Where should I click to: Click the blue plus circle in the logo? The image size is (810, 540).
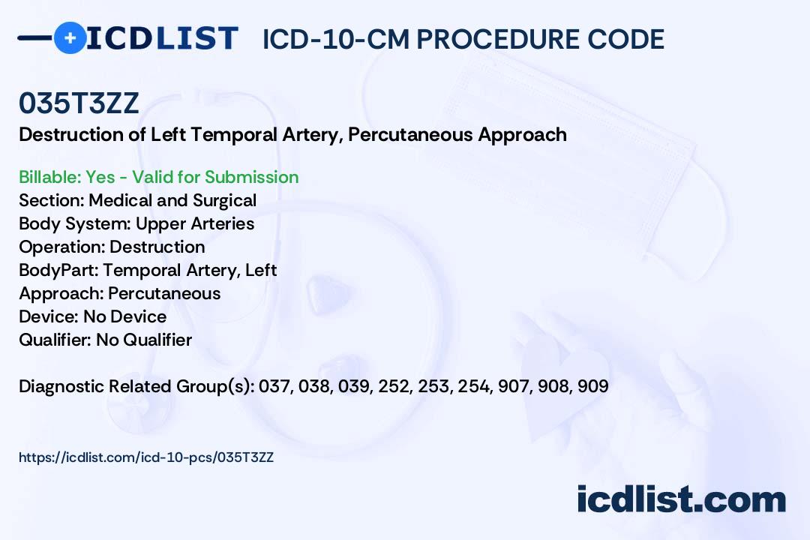[x=70, y=37]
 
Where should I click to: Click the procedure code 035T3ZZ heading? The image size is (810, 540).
[x=79, y=103]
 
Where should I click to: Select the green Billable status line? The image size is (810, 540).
[x=158, y=177]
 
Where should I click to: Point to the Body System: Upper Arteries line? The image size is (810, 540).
[x=136, y=223]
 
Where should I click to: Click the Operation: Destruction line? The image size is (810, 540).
[x=112, y=247]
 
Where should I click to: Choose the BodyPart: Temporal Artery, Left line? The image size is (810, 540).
[x=148, y=270]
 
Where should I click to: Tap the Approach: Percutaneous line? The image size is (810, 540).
[x=120, y=293]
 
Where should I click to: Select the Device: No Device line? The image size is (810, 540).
[x=93, y=316]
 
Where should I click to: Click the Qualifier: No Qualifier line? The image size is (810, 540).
[x=106, y=340]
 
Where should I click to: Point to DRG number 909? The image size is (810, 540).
[x=593, y=386]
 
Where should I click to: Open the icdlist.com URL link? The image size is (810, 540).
[x=146, y=457]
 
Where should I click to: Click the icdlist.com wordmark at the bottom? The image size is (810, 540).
[x=681, y=499]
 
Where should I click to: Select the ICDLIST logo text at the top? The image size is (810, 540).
[x=162, y=38]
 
